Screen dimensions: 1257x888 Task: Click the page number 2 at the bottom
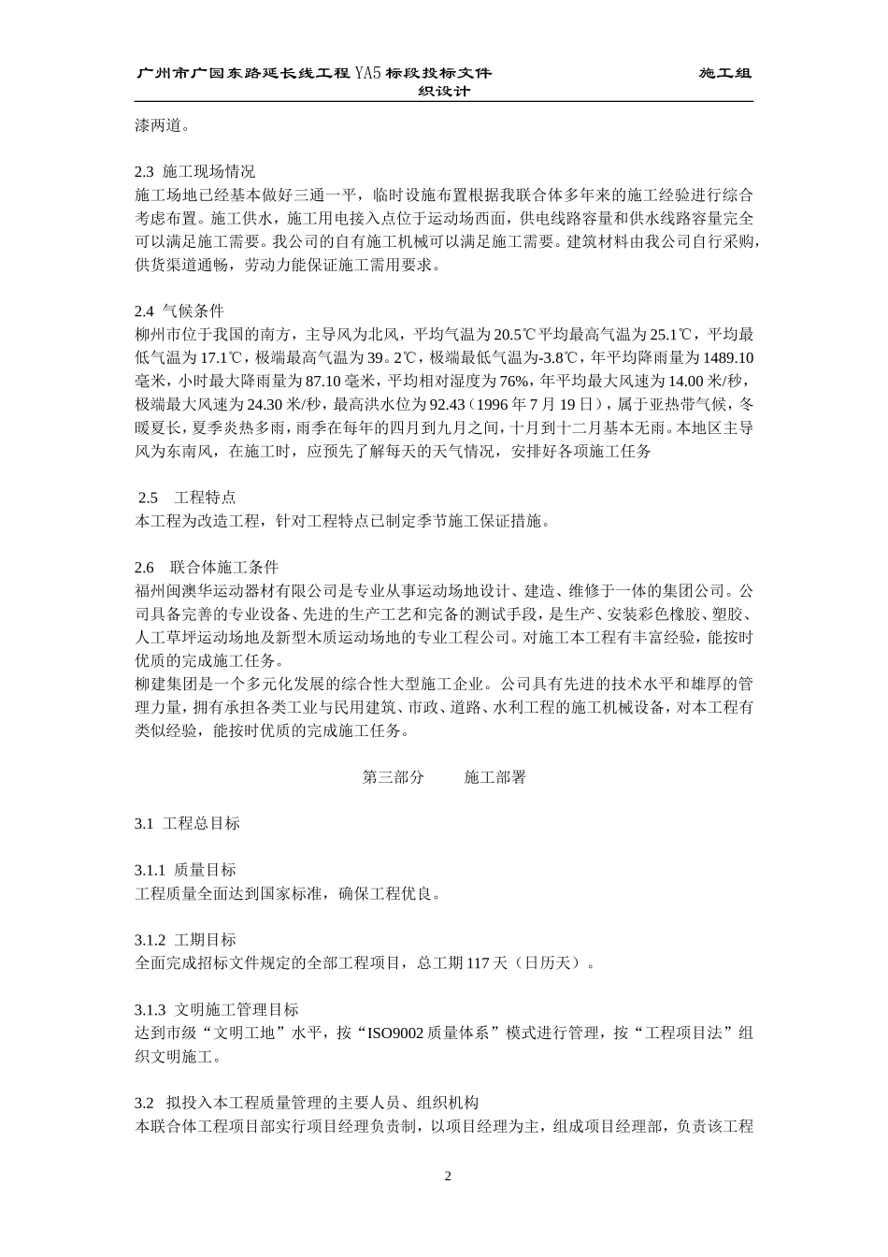pos(447,1176)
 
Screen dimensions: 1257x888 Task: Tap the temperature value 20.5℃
pos(515,334)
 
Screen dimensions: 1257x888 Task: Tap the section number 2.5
pos(148,497)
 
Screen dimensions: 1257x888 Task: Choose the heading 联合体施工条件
pos(224,567)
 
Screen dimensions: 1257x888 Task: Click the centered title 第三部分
pos(393,776)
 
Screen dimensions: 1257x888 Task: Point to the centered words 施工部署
pos(495,776)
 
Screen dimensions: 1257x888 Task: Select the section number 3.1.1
pos(150,870)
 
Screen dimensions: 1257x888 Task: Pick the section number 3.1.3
pos(150,1010)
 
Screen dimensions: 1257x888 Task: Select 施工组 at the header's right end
pos(725,73)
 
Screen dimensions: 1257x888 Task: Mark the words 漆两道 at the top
pos(157,125)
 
